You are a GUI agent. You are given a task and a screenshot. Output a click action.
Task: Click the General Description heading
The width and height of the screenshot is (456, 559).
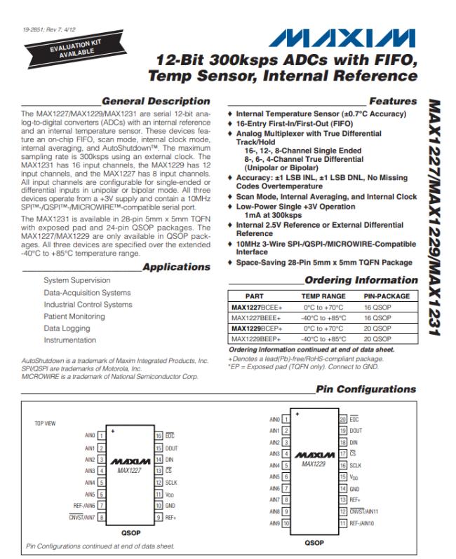click(x=155, y=102)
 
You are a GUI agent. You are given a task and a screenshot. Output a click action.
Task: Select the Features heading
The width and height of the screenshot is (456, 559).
click(x=392, y=102)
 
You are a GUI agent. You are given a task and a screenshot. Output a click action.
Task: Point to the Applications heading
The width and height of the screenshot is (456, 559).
click(x=175, y=267)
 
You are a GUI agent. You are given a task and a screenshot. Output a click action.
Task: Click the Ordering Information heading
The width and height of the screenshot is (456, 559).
click(x=361, y=280)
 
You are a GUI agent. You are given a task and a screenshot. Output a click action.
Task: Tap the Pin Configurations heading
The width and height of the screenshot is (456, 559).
click(x=366, y=389)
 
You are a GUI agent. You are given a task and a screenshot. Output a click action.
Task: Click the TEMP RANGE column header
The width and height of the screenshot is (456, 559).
click(x=323, y=296)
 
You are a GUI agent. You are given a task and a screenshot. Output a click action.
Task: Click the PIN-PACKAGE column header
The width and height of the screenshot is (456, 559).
click(x=387, y=296)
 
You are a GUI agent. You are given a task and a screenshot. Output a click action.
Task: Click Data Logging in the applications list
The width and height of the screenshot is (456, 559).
click(x=67, y=328)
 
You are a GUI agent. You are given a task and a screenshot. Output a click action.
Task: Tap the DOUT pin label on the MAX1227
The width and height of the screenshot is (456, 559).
click(x=172, y=447)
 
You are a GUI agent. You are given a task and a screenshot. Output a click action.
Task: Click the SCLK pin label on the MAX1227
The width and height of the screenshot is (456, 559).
click(x=171, y=482)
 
